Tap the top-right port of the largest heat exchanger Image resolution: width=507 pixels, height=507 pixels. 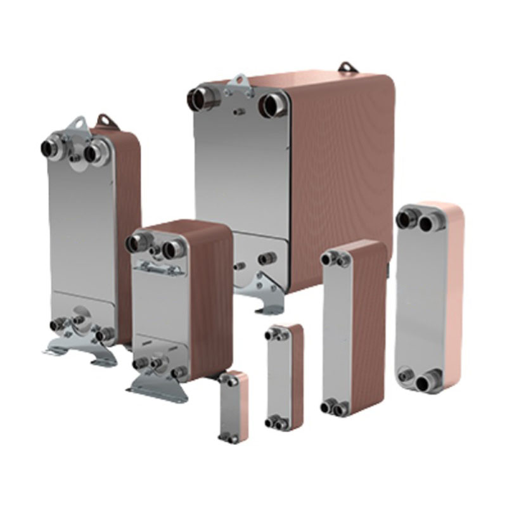coord(274,102)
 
